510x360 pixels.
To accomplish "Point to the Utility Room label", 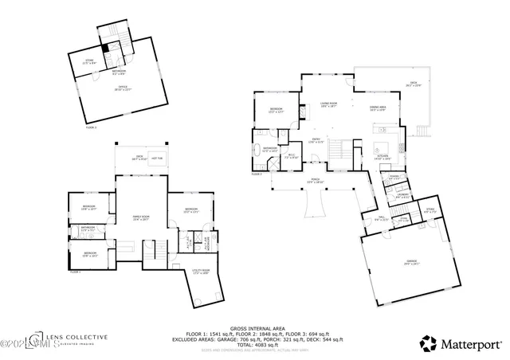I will tap(201, 272).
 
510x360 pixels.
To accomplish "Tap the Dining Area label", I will tap(378, 107).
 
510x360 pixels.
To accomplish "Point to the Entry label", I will tap(316, 142).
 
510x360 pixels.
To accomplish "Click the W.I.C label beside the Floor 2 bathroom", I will tap(292, 156).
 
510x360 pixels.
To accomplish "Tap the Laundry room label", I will tap(403, 195).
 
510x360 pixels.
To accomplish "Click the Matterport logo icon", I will tap(430, 343).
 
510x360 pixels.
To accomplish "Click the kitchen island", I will tap(381, 147).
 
